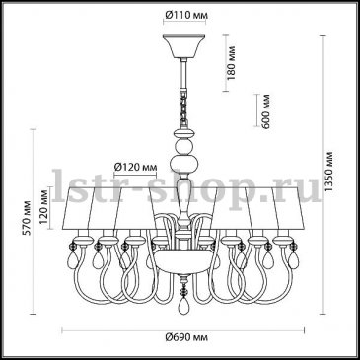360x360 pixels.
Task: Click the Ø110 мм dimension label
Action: coord(186,15)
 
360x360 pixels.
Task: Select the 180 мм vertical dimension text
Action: coord(232,62)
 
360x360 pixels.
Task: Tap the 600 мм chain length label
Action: coord(265,111)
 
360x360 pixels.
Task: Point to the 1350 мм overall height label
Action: coord(328,172)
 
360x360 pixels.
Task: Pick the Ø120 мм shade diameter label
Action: coord(135,167)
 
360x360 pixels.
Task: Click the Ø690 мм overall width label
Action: coord(186,337)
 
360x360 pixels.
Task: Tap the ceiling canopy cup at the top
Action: coord(184,45)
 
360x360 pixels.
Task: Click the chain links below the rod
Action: coord(183,106)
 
